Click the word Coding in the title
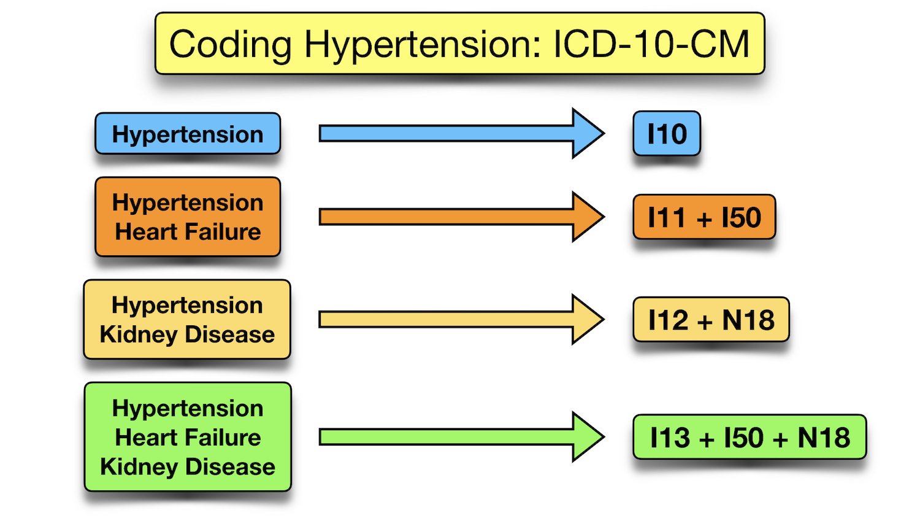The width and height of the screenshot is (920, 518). tap(230, 45)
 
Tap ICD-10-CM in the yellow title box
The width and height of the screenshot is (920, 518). tap(651, 44)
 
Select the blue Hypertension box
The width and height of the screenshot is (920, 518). tap(188, 134)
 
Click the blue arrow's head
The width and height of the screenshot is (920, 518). tap(587, 133)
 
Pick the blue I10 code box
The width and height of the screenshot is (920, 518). tap(667, 134)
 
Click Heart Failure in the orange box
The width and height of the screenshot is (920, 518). tap(188, 232)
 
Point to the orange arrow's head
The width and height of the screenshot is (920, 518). tap(587, 217)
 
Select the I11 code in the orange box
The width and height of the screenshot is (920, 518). tap(666, 217)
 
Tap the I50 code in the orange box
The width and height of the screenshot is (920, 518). tap(741, 217)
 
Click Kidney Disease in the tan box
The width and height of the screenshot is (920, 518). tap(187, 334)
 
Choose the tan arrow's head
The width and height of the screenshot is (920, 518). tap(587, 319)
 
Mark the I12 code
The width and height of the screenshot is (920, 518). tap(668, 320)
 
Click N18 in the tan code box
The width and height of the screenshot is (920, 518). tap(748, 320)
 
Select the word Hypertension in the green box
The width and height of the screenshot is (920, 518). tap(188, 408)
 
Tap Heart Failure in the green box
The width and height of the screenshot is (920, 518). tap(188, 438)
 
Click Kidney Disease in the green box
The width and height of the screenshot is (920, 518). tap(188, 467)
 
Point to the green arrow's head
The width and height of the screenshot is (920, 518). tap(587, 436)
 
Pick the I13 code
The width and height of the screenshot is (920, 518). tap(670, 438)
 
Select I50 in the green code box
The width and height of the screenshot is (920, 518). tap(743, 438)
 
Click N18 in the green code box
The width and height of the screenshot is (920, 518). tap(824, 438)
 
